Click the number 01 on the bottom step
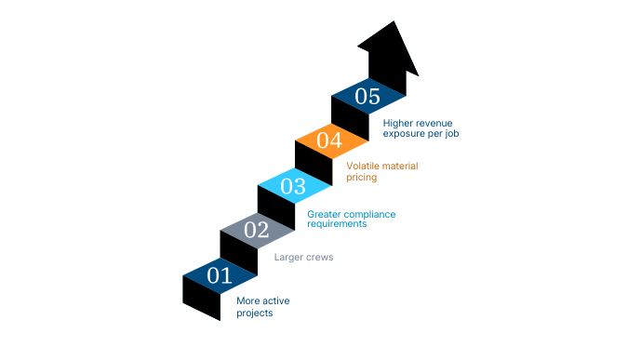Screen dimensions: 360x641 pyautogui.click(x=220, y=275)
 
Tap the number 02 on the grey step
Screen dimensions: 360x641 pyautogui.click(x=256, y=230)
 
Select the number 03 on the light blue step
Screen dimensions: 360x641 pyautogui.click(x=293, y=186)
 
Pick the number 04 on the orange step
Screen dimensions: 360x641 pyautogui.click(x=330, y=141)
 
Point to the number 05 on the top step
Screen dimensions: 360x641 pyautogui.click(x=367, y=96)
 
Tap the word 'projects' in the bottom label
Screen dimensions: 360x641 pyautogui.click(x=254, y=313)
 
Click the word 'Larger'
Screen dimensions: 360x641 pyautogui.click(x=288, y=257)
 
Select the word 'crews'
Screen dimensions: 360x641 pyautogui.click(x=319, y=257)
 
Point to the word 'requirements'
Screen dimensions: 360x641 pyautogui.click(x=337, y=224)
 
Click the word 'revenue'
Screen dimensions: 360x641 pyautogui.click(x=432, y=122)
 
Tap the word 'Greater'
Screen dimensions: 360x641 pyautogui.click(x=325, y=214)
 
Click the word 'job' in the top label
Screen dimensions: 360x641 pyautogui.click(x=453, y=133)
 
